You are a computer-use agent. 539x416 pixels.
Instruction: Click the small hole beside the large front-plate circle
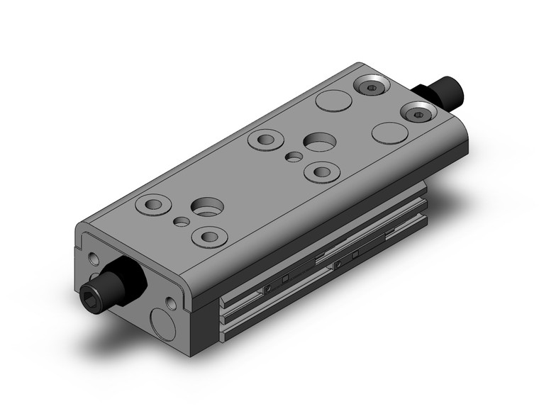(x=172, y=304)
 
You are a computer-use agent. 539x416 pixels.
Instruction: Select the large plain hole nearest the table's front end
(x=207, y=208)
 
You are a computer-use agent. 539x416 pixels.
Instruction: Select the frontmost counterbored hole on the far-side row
(x=152, y=205)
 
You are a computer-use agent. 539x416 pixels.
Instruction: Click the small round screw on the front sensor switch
(x=269, y=289)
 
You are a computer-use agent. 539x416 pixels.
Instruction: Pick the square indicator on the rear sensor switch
(x=354, y=251)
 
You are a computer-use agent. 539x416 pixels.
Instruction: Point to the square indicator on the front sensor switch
(x=285, y=280)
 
